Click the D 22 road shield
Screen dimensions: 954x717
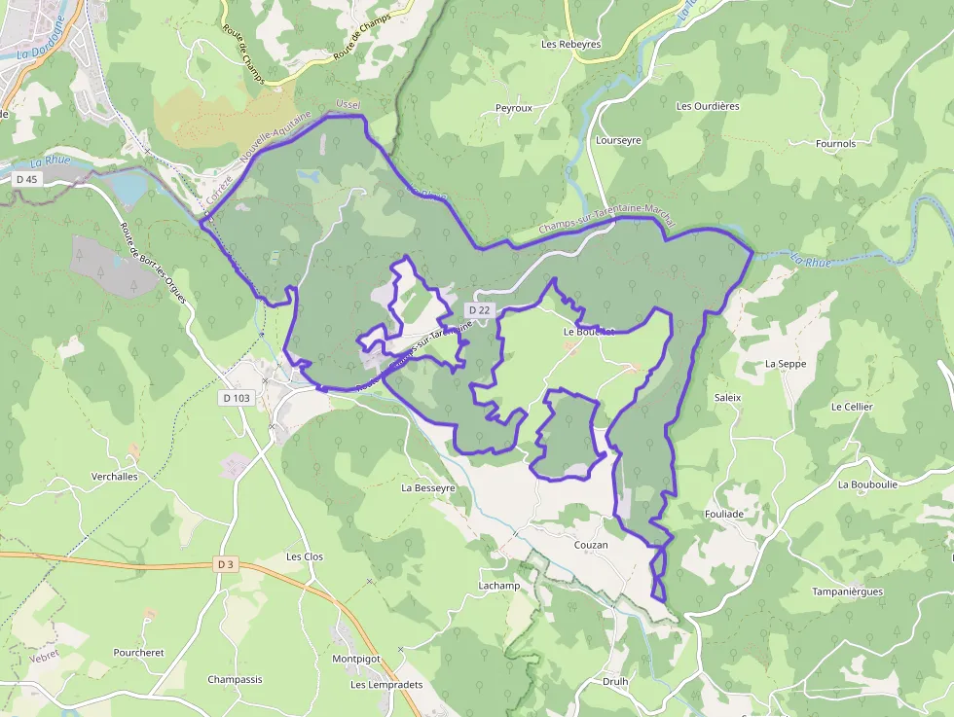[x=479, y=310]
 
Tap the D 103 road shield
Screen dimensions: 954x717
[x=236, y=398]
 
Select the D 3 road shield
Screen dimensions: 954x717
[x=226, y=564]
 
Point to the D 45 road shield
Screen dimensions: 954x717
[x=26, y=179]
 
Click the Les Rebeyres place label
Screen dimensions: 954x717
[x=571, y=44]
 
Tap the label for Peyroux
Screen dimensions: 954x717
[x=514, y=108]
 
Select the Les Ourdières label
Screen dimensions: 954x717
[x=708, y=106]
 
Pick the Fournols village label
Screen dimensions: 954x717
[x=836, y=144]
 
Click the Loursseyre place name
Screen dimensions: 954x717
[x=618, y=140]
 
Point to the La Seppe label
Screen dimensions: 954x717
[x=786, y=364]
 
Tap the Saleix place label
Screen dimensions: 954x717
[x=727, y=398]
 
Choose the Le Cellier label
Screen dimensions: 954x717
[x=852, y=407]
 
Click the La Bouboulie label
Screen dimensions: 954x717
[x=867, y=484]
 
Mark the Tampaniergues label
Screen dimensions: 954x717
[x=847, y=592]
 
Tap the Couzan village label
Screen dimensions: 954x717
[x=591, y=545]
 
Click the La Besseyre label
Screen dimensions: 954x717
[x=428, y=487]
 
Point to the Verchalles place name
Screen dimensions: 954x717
[x=115, y=477]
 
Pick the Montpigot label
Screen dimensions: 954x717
[x=356, y=659]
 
